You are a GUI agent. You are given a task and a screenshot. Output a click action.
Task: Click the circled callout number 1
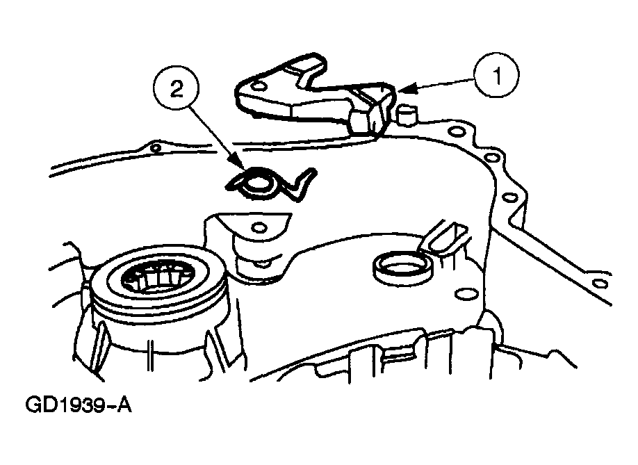coord(496,75)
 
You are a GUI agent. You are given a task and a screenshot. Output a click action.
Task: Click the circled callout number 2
coord(176,90)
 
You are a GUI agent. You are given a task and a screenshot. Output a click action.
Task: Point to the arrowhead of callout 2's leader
coord(239,164)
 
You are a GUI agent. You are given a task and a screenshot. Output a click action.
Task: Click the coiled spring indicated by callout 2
coord(268,184)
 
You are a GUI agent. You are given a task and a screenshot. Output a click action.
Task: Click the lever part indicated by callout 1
coord(316,96)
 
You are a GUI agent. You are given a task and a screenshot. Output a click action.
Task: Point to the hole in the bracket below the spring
coord(259,227)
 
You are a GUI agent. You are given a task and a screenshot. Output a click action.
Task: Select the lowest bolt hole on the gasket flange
coord(598,283)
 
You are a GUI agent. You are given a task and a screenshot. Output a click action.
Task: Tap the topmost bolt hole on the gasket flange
coord(455,132)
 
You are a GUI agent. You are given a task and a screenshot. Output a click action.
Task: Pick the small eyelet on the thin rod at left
coord(155,147)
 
